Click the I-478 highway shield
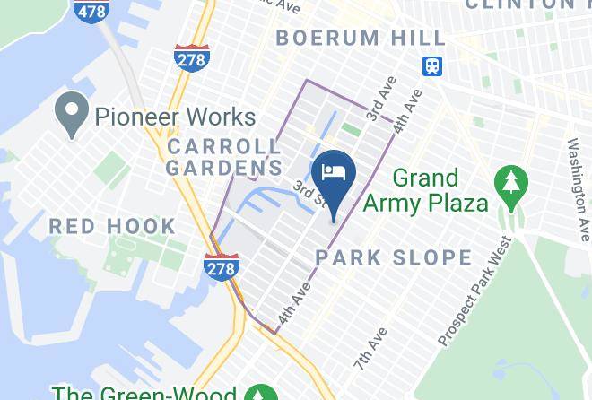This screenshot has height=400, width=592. click(91, 11)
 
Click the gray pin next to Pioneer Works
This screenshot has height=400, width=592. click(68, 115)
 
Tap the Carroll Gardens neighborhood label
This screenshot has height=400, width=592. click(223, 156)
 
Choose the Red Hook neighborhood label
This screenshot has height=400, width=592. click(112, 225)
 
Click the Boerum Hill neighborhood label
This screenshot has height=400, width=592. click(361, 38)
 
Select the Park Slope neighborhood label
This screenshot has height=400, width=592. click(393, 257)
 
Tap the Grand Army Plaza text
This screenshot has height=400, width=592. click(439, 190)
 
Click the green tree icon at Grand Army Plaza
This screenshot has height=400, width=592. click(513, 183)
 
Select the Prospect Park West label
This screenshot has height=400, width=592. click(475, 291)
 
